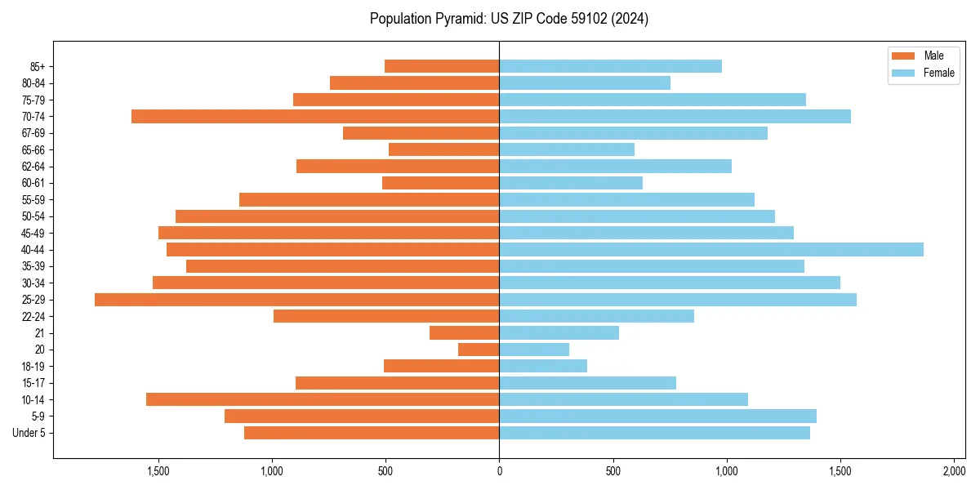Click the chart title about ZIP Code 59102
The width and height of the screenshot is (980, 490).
(x=509, y=19)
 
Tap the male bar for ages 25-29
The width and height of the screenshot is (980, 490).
(x=296, y=300)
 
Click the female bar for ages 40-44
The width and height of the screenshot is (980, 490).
(x=711, y=250)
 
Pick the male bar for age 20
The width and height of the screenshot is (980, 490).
(x=479, y=350)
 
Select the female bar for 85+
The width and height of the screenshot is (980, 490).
(x=610, y=66)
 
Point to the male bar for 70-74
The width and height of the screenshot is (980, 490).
(x=315, y=117)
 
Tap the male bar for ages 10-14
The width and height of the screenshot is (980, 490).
(x=323, y=399)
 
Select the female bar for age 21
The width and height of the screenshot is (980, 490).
(x=559, y=333)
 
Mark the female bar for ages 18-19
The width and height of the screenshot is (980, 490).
(x=543, y=367)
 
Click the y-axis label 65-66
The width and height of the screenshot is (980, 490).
(x=33, y=150)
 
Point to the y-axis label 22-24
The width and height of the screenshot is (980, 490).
(x=33, y=317)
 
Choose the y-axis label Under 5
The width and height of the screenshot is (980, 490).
(x=29, y=433)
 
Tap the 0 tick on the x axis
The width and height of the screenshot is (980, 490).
(x=499, y=471)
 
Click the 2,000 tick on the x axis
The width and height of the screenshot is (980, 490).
(x=954, y=471)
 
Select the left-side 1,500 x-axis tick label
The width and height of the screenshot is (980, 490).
(x=158, y=471)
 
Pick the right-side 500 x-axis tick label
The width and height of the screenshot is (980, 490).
(x=612, y=471)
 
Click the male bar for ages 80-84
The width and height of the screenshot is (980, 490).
(x=414, y=83)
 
